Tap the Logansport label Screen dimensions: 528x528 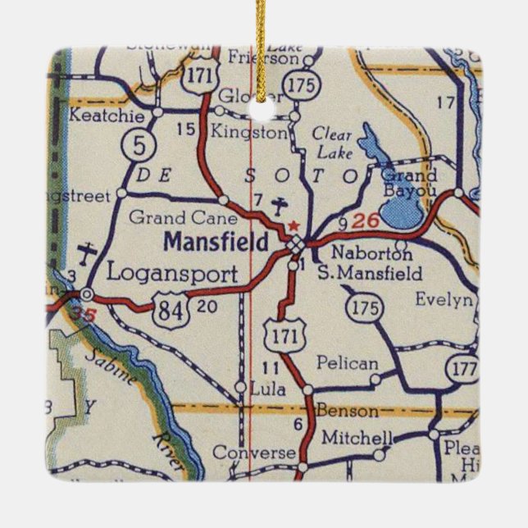click(x=171, y=273)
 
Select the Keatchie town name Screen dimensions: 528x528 click(x=101, y=116)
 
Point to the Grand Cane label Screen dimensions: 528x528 click(x=184, y=218)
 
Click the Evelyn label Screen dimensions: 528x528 click(x=444, y=299)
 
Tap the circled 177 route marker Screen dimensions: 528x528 click(x=461, y=369)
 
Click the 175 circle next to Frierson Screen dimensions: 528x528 click(x=298, y=86)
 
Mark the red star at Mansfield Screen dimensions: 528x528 click(x=289, y=223)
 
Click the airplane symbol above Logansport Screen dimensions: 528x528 click(x=87, y=252)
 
